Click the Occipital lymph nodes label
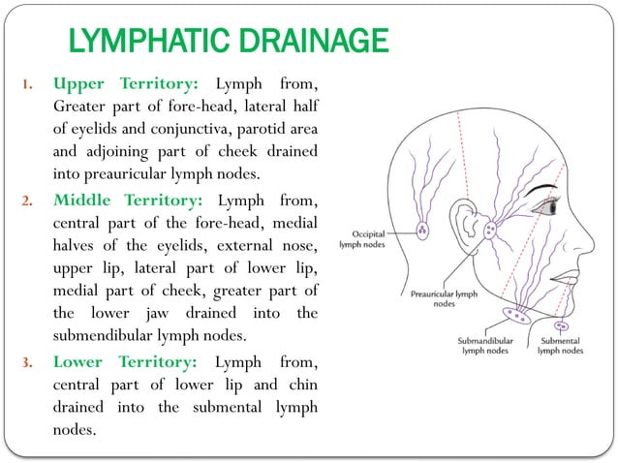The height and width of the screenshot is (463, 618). (360, 240)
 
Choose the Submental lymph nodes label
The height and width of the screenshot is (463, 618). (561, 345)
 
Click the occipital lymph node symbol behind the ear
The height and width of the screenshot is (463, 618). (423, 231)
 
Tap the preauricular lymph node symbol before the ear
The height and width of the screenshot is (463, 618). (490, 231)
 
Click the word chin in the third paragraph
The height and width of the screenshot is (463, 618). (300, 386)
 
